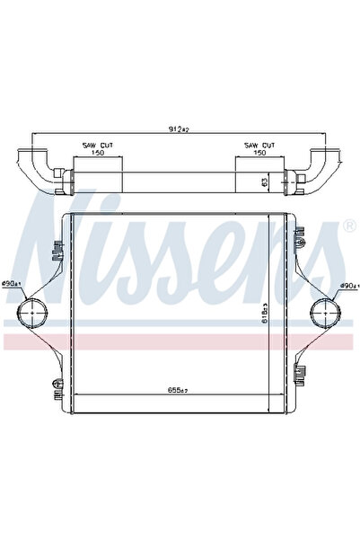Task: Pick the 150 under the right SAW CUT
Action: click(x=259, y=153)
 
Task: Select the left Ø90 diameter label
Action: click(x=12, y=285)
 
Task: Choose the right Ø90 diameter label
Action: click(x=348, y=287)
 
